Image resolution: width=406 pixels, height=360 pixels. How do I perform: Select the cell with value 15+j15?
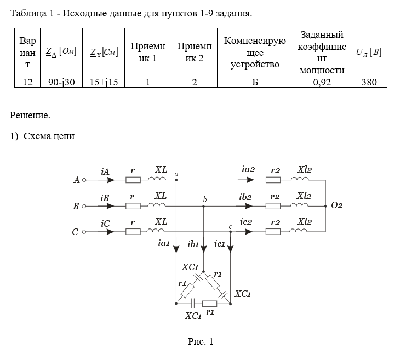tap(104, 82)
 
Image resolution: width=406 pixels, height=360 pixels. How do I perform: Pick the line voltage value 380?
tap(369, 82)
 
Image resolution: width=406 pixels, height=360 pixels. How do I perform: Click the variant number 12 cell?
tap(27, 82)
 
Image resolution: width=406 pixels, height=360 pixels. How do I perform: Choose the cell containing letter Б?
tap(255, 82)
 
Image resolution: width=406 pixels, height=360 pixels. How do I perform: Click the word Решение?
tap(30, 115)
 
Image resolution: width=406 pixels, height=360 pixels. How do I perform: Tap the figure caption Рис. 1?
tap(201, 342)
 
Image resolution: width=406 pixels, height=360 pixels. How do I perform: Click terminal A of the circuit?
tap(84, 179)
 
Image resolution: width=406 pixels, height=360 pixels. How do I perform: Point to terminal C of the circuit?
tap(84, 232)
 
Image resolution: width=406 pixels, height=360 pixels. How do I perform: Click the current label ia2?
tap(248, 170)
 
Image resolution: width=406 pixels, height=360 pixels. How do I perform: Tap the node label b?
tap(205, 199)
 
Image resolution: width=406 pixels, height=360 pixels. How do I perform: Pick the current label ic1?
tap(220, 243)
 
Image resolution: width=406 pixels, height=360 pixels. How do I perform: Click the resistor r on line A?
tap(133, 179)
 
